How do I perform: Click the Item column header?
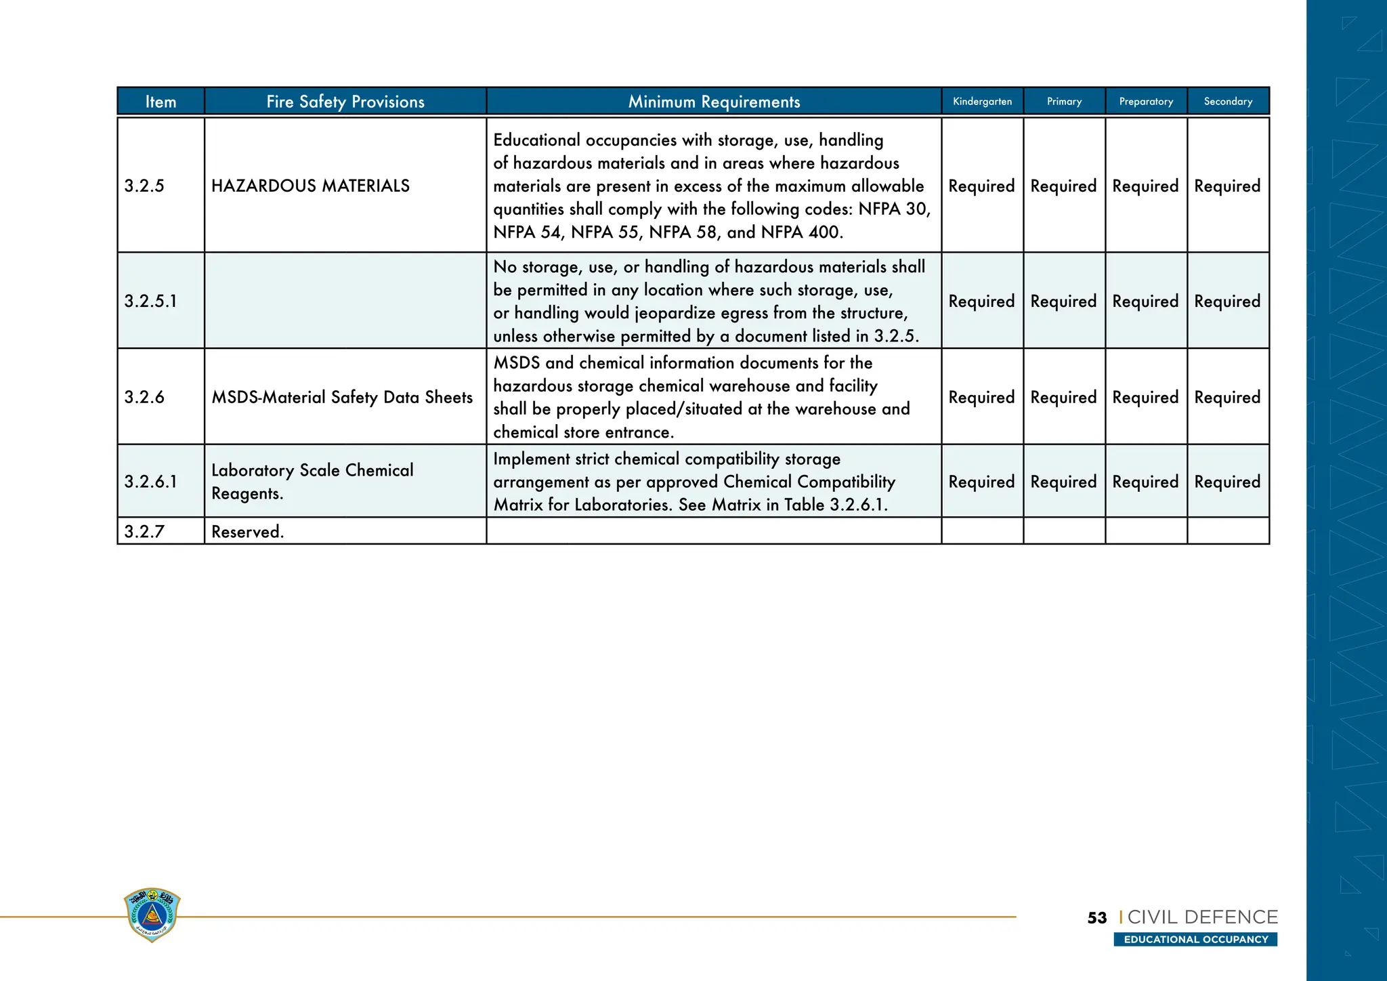click(x=161, y=102)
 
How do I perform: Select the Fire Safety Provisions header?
click(x=345, y=102)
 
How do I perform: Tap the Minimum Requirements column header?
click(x=714, y=102)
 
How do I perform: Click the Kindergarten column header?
click(x=982, y=102)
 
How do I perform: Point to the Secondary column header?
click(x=1228, y=102)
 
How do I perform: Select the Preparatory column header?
click(x=1146, y=102)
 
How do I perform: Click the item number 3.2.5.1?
click(x=150, y=301)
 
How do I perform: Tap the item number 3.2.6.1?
click(x=150, y=482)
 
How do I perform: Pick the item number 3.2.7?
click(x=144, y=532)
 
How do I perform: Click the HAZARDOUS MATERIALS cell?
click(x=310, y=186)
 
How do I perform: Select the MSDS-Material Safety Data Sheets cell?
click(x=342, y=397)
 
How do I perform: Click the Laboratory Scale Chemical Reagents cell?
click(x=312, y=482)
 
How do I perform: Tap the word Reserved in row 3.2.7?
click(x=247, y=532)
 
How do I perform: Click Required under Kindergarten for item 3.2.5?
click(x=981, y=186)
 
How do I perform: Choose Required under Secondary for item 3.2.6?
click(x=1227, y=397)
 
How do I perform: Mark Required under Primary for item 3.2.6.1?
click(x=1063, y=482)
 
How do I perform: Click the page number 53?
click(x=1096, y=918)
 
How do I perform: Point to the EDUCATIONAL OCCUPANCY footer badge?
click(x=1195, y=940)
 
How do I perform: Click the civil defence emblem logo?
click(x=152, y=915)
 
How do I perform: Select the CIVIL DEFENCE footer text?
click(x=1202, y=917)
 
